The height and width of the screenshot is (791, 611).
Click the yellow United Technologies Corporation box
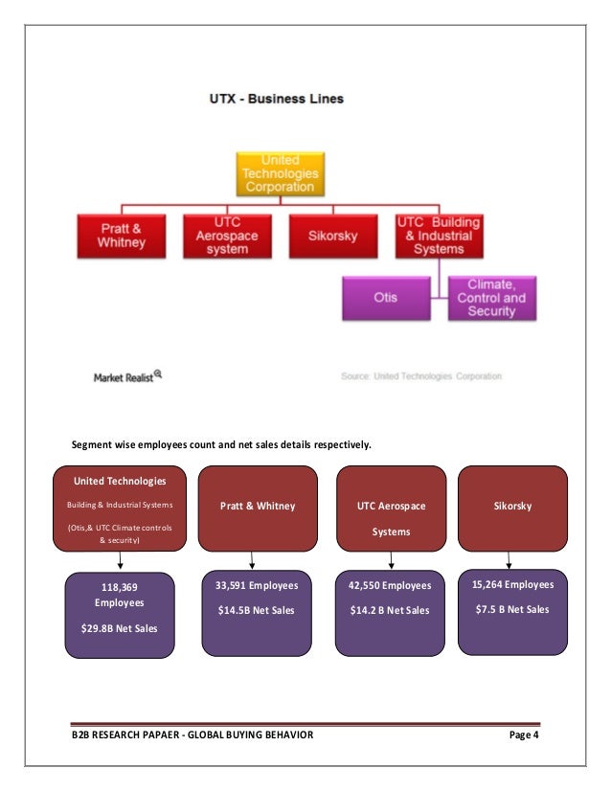pos(281,174)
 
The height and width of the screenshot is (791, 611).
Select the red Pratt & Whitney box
pos(124,237)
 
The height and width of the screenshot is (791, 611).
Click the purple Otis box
pos(386,298)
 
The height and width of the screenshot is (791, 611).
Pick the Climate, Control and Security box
pos(492,298)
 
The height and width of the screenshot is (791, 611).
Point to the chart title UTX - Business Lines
pos(278,98)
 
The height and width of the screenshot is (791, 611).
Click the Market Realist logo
pos(127,376)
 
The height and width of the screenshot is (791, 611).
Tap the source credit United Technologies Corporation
pos(421,376)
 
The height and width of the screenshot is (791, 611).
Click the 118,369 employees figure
pos(119,595)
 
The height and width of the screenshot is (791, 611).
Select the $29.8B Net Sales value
pos(119,628)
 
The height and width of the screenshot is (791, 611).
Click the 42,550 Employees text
pos(391,585)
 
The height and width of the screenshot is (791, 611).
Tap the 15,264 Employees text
pos(512,583)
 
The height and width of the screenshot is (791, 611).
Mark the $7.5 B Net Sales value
pos(512,609)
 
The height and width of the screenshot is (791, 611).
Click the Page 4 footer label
pos(523,735)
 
